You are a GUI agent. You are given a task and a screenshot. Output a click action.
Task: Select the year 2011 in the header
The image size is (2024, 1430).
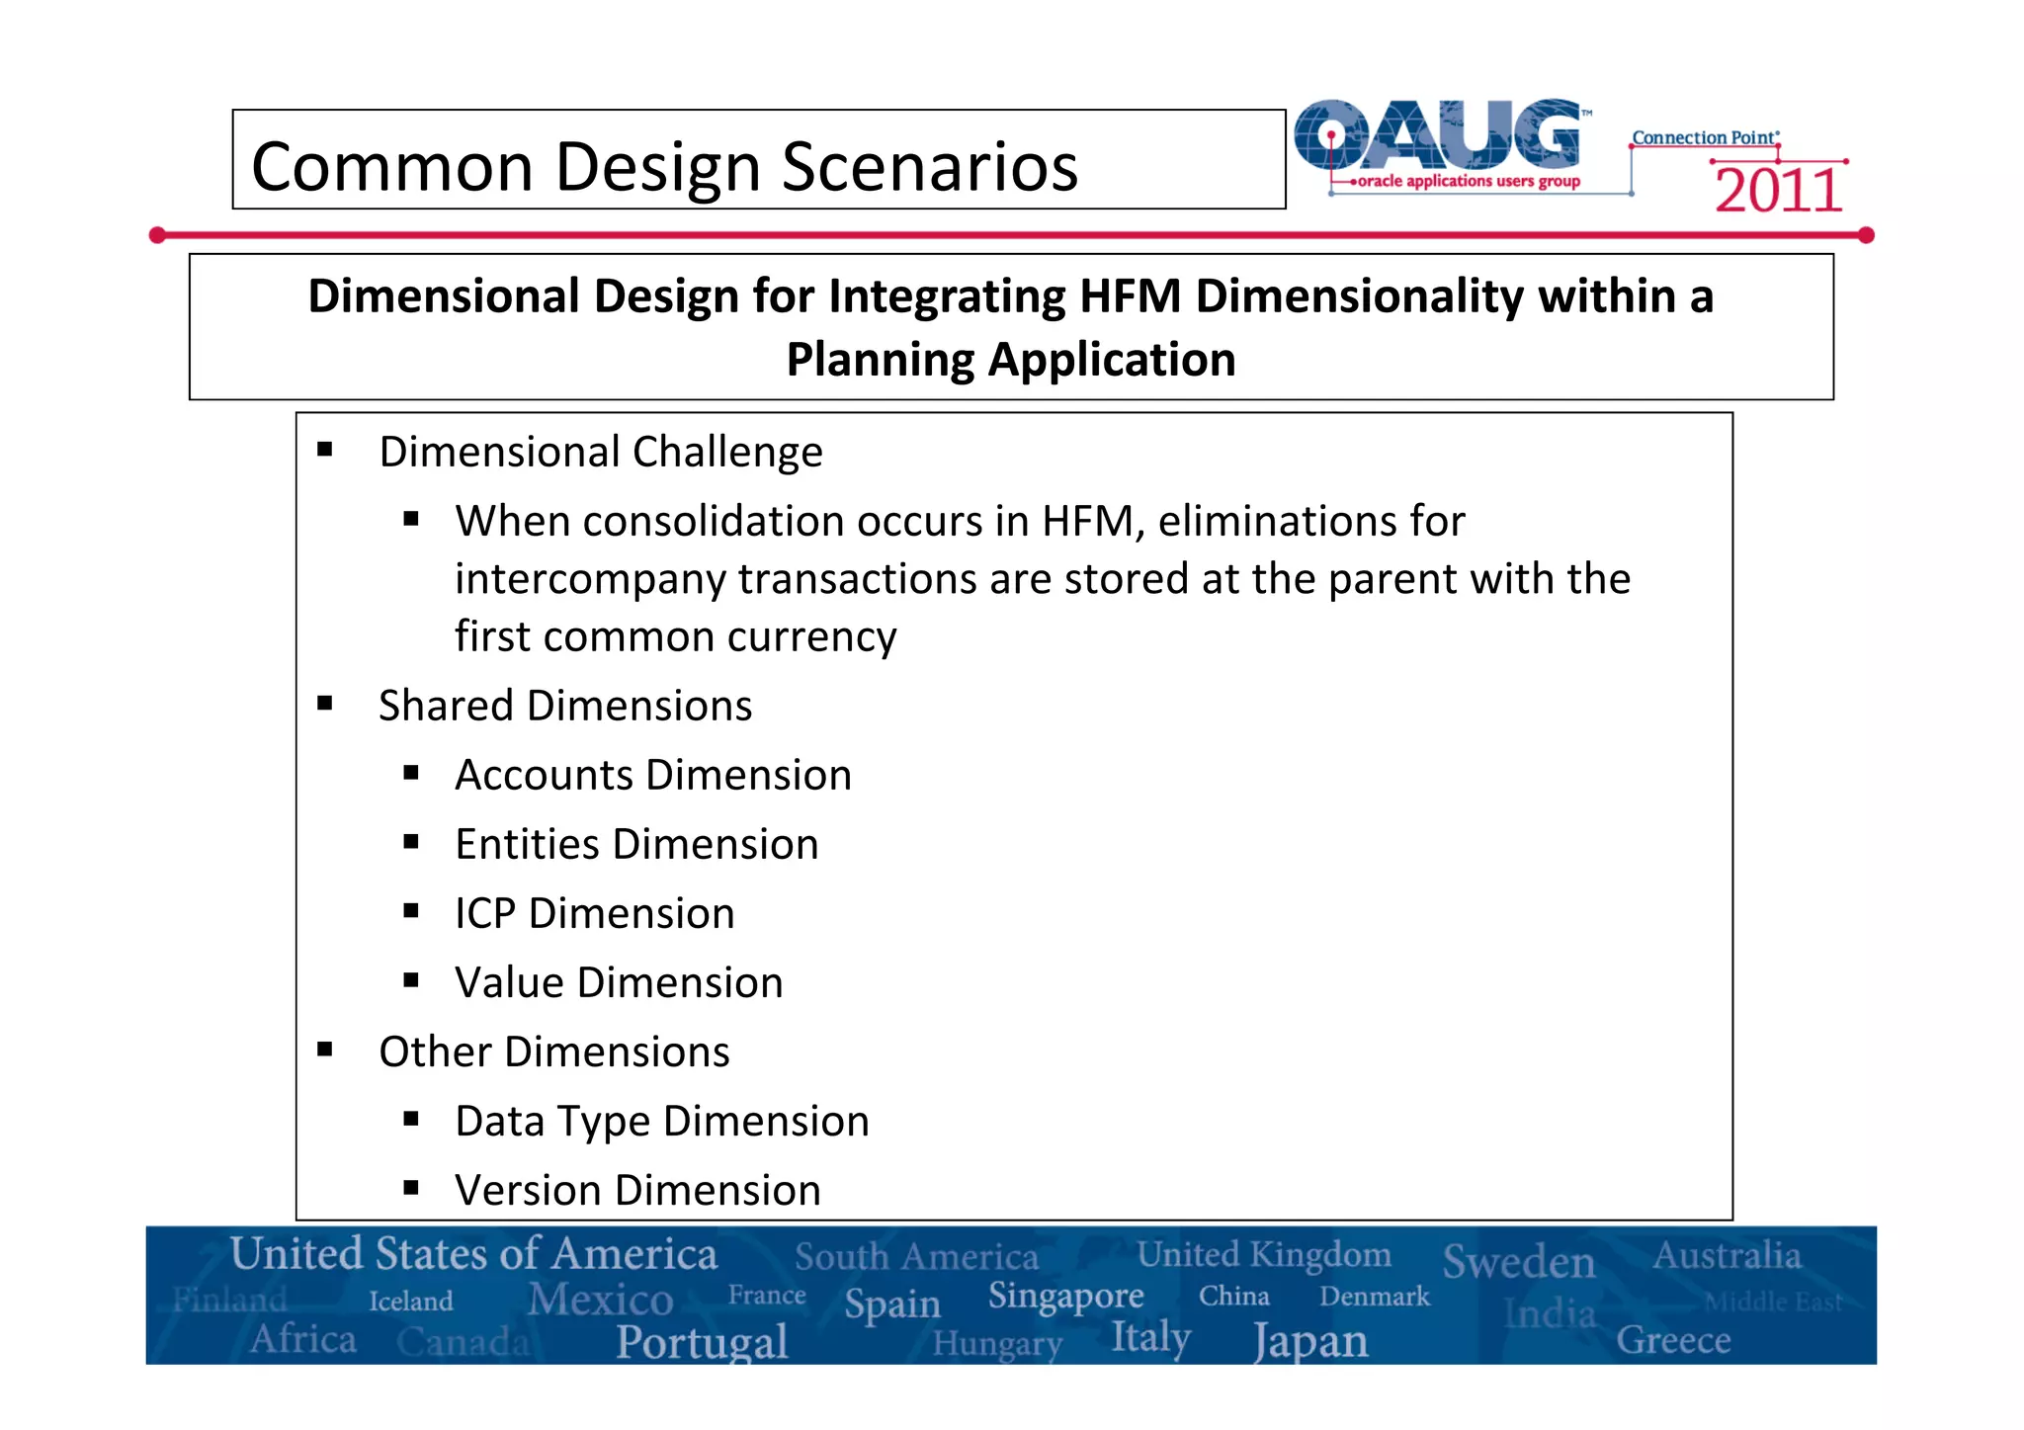click(1778, 191)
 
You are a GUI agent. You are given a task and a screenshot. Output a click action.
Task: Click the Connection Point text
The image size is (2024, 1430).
click(1704, 138)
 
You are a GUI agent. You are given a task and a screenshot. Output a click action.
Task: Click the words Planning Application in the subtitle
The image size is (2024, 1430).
click(1010, 360)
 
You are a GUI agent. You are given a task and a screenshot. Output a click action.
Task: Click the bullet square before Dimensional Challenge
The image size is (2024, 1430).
click(325, 451)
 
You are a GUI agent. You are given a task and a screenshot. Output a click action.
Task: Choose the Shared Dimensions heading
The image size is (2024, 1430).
click(565, 706)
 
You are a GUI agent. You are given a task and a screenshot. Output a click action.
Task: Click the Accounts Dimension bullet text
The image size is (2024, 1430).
click(653, 775)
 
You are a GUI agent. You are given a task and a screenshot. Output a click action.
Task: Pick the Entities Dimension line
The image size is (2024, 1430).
click(636, 844)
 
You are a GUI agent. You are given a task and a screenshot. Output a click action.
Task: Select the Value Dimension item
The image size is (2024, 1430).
click(619, 982)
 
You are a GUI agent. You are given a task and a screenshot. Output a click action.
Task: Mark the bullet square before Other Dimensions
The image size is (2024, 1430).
click(325, 1051)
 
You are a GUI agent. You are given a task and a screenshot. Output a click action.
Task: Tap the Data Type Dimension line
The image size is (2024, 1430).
click(662, 1121)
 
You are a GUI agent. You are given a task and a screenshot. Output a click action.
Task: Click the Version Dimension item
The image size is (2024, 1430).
click(637, 1190)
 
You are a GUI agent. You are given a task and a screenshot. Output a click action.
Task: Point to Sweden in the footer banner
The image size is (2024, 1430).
click(1518, 1262)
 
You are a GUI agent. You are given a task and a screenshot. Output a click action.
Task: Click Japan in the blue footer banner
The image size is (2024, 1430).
click(1310, 1342)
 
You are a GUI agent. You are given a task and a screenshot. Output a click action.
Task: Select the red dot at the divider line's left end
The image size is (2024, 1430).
click(157, 235)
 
